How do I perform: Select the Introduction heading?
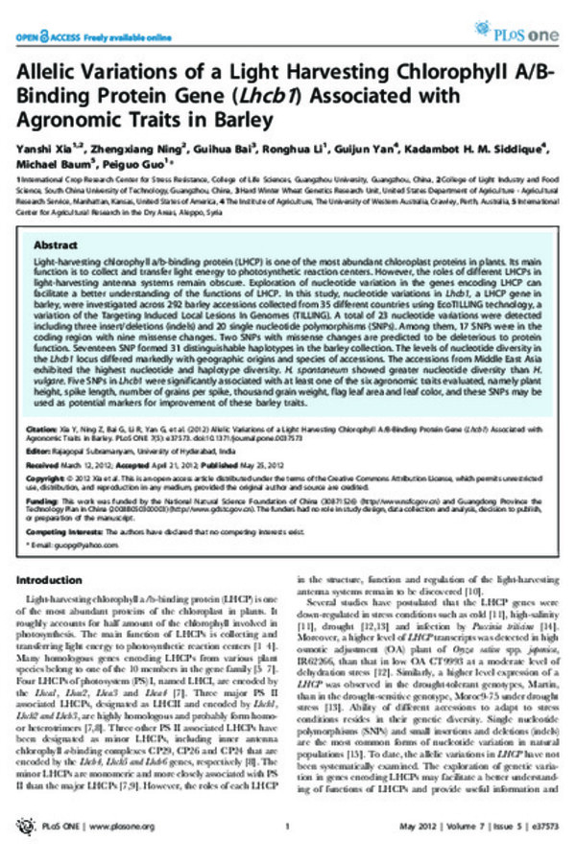coord(60,580)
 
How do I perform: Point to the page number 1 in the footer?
coord(287,843)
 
